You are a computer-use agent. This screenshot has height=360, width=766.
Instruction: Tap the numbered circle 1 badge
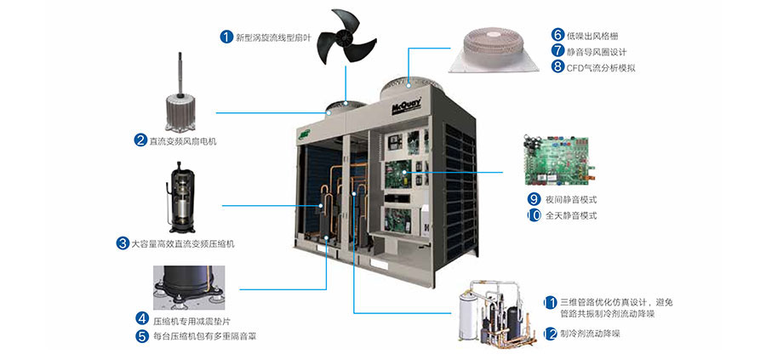226,37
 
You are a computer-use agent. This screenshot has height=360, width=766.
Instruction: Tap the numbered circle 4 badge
142,319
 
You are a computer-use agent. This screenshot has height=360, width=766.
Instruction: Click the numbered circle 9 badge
534,199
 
